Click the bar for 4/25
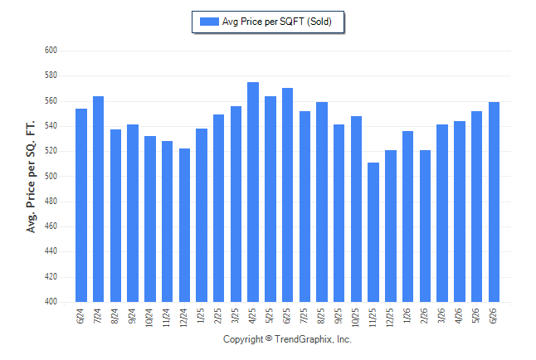tap(253, 192)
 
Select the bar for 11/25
tap(373, 232)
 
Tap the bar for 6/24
tap(81, 205)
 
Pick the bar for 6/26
tap(494, 202)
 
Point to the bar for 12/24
tap(184, 225)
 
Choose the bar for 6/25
tap(287, 195)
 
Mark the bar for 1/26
tap(408, 216)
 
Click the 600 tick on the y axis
tap(51, 51)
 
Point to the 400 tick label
tap(51, 302)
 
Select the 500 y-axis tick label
tap(51, 176)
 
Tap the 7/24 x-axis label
tap(97, 316)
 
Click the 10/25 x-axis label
tap(355, 317)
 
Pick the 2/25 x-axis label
tap(217, 316)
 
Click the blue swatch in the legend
tap(209, 22)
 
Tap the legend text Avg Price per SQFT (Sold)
tap(277, 22)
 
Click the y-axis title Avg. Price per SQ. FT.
tap(31, 177)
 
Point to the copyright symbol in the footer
tap(269, 338)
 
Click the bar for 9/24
tap(133, 213)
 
